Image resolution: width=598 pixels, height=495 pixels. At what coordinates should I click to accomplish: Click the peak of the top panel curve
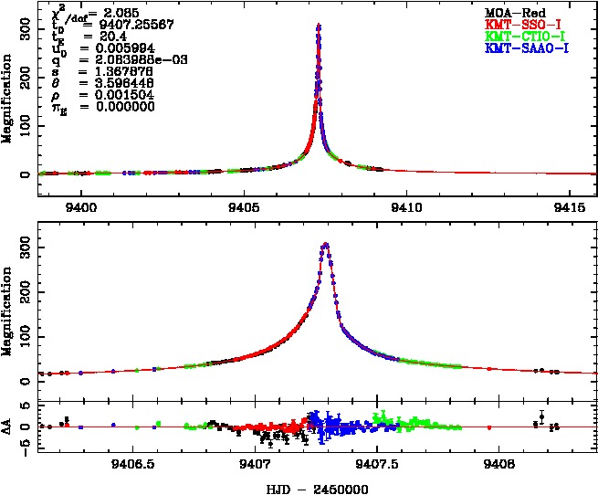click(318, 26)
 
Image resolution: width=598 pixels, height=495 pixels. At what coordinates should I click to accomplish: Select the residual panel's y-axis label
click(9, 426)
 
